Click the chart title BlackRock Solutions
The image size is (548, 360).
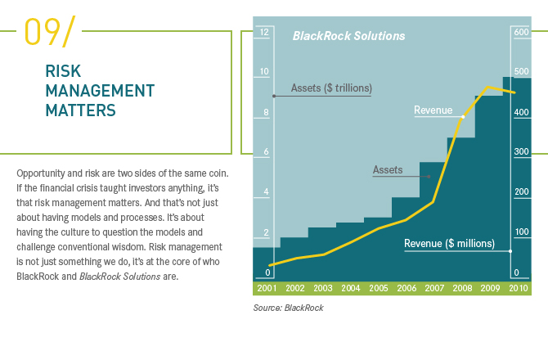pos(348,36)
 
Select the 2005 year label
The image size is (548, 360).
pos(379,288)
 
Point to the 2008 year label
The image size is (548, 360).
pos(462,288)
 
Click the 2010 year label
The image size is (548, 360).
pos(518,288)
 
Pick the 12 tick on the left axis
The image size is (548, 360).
pos(264,32)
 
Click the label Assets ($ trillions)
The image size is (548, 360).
pos(331,88)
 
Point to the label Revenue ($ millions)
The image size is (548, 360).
pos(449,243)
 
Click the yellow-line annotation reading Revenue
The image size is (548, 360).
pos(433,110)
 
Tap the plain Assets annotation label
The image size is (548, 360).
pos(388,169)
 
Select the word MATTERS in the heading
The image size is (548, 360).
pos(81,109)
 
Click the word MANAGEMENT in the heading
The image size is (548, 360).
pos(100,90)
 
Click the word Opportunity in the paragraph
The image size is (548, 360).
pos(41,173)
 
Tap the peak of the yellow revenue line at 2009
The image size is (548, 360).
pos(488,87)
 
